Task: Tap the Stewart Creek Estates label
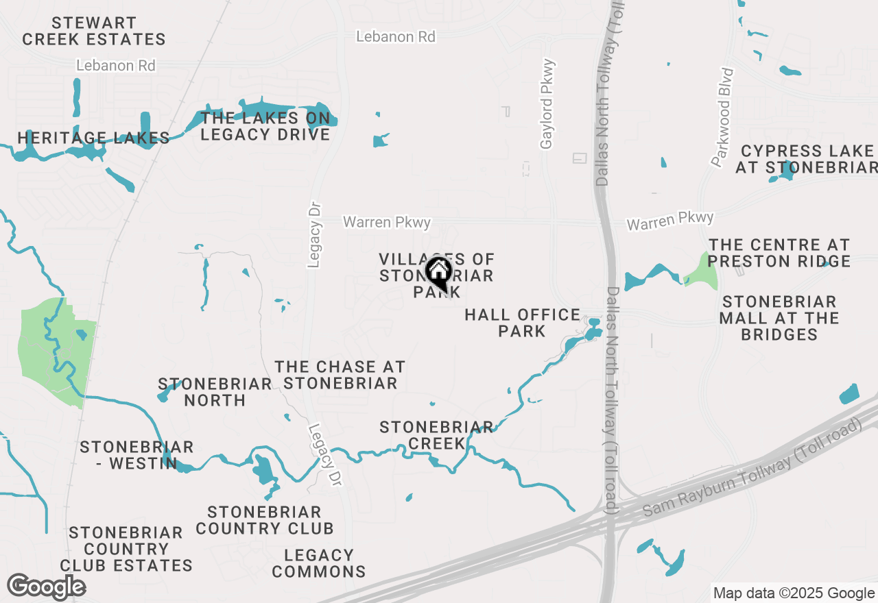pos(94,32)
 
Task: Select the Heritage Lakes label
pos(93,138)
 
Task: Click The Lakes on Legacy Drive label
pos(265,126)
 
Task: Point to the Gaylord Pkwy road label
pos(547,105)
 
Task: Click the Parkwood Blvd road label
pos(722,117)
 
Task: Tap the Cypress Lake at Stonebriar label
pos(807,159)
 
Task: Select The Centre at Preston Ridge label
pos(779,253)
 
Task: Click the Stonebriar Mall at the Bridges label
pos(779,318)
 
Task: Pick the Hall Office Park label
pos(522,323)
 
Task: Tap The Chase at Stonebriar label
pos(340,375)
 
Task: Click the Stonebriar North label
pos(215,392)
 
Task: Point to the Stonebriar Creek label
pos(436,435)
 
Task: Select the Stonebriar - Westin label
pos(137,455)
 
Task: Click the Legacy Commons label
pos(319,563)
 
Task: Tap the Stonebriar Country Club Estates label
pos(126,549)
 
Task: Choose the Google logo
pos(46,587)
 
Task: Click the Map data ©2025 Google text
pos(794,593)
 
